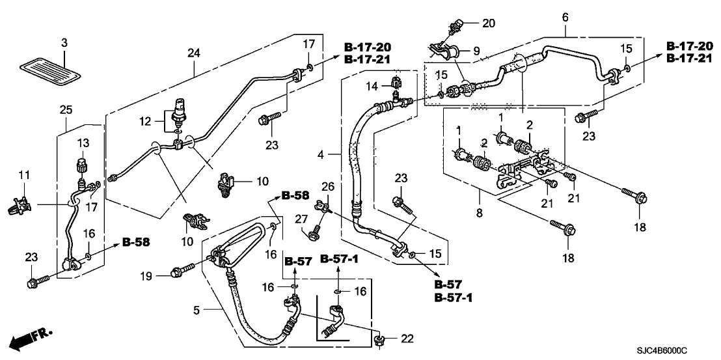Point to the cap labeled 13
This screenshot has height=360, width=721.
click(82, 162)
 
